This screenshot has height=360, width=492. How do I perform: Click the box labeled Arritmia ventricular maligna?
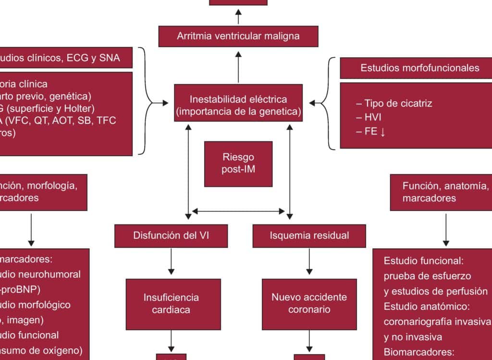(x=238, y=36)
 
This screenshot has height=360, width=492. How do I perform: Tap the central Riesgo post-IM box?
(x=238, y=163)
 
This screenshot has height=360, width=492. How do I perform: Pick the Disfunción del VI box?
(x=171, y=236)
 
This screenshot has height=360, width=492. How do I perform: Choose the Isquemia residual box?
(x=309, y=236)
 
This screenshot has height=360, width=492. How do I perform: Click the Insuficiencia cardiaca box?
(x=171, y=304)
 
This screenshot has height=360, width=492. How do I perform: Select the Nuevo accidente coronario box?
(x=309, y=304)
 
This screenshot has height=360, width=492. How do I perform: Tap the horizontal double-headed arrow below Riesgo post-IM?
(x=238, y=211)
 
